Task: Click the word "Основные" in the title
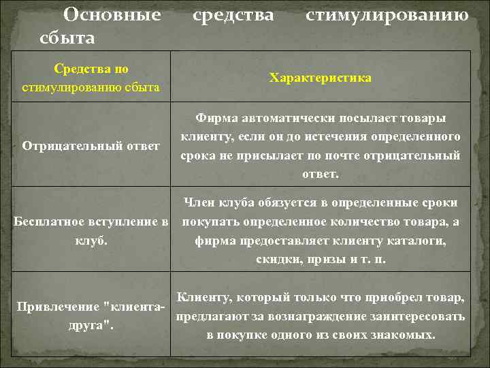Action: click(112, 14)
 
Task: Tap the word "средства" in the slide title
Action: click(233, 14)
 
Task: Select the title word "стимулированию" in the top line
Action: click(387, 14)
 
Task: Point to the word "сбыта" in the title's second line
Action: click(67, 37)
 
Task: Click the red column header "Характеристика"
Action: click(320, 78)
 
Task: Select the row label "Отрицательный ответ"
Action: click(91, 145)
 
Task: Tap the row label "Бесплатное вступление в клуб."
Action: click(91, 231)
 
